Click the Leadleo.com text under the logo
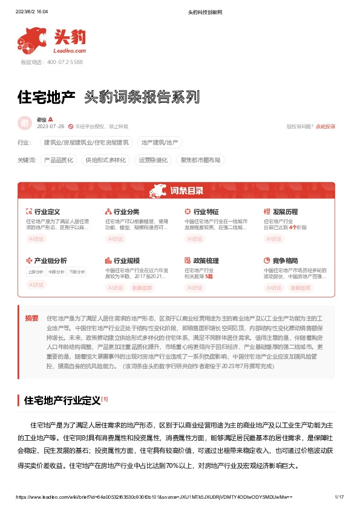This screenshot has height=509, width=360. click(x=70, y=51)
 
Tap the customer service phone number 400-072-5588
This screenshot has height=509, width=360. click(x=61, y=62)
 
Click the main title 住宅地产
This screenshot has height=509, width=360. click(x=47, y=96)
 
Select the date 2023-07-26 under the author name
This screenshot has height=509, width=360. click(x=50, y=126)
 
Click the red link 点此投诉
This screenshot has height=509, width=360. click(x=326, y=126)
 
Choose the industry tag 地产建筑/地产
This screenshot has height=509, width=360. click(x=160, y=143)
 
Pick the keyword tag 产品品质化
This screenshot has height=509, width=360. click(x=59, y=160)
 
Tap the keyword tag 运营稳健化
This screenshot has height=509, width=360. click(x=153, y=160)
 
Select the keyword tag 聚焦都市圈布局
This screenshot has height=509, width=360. click(x=200, y=160)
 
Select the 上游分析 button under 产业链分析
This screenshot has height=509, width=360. click(x=36, y=272)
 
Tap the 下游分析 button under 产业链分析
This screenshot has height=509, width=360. click(x=77, y=272)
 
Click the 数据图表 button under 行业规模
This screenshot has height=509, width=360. click(x=142, y=288)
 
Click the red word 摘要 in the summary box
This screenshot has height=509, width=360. click(x=31, y=317)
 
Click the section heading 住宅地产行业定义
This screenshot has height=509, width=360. click(x=62, y=383)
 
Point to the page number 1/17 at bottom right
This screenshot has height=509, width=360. click(x=339, y=496)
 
